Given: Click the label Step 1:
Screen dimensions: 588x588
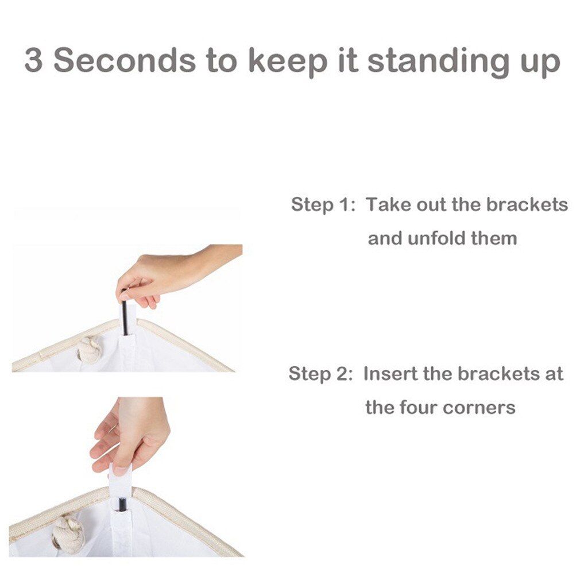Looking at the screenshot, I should pyautogui.click(x=323, y=204).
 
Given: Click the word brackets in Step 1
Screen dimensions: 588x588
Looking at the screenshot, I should pyautogui.click(x=527, y=204).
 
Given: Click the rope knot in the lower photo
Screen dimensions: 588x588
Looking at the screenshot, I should pyautogui.click(x=68, y=533).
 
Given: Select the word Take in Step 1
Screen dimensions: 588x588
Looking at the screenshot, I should pyautogui.click(x=388, y=204).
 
